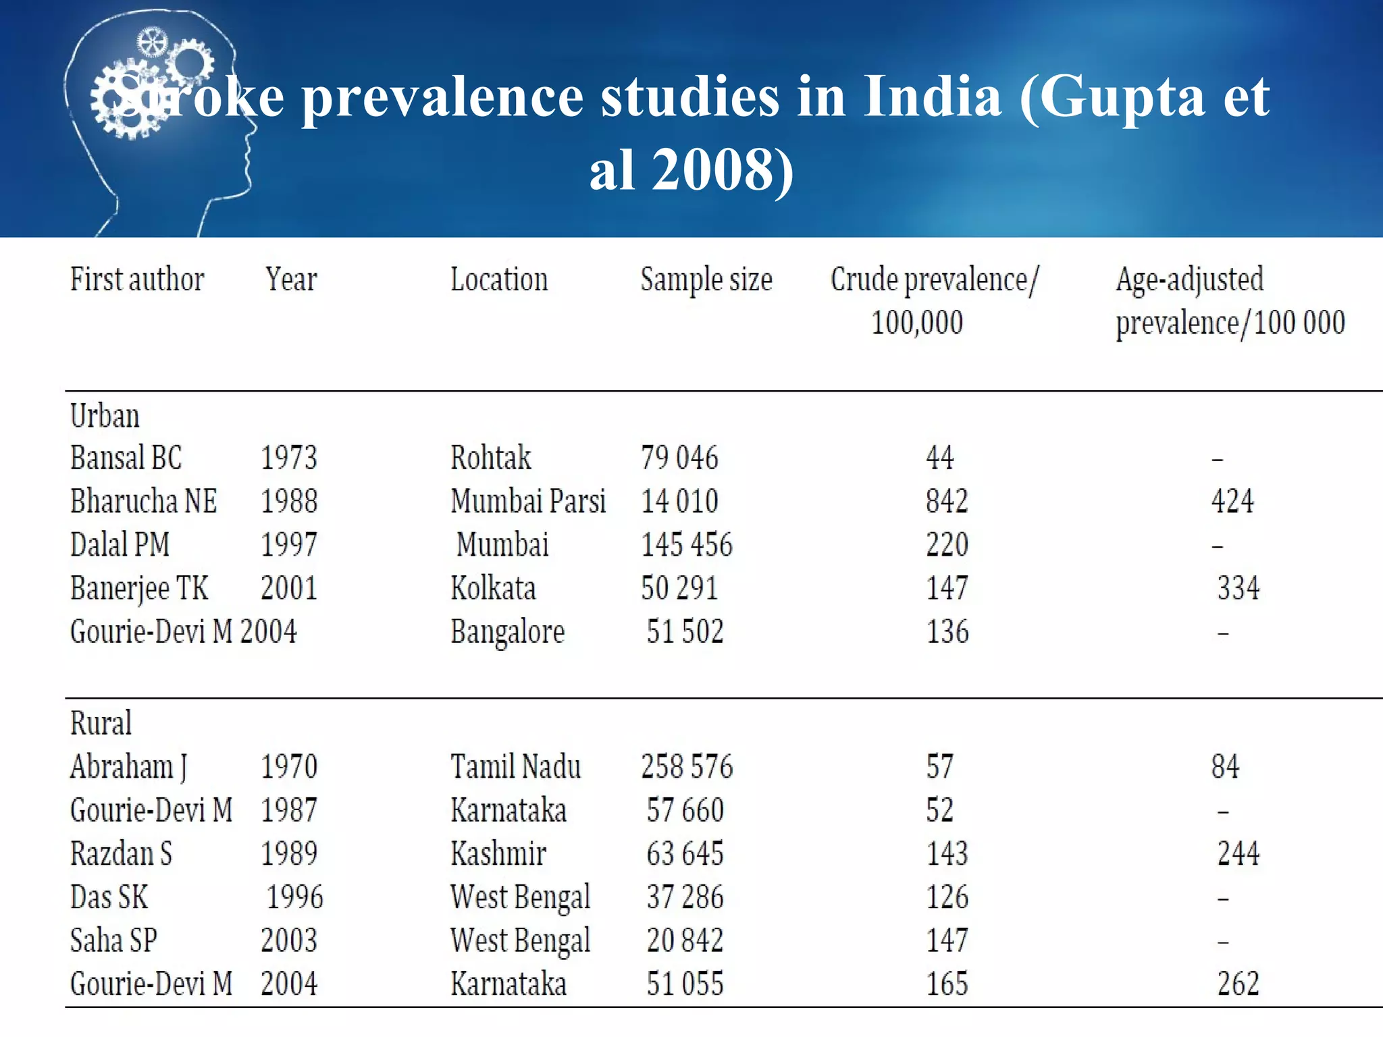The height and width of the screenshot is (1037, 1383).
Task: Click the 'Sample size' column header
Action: (706, 280)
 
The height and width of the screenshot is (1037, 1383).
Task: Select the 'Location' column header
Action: (499, 280)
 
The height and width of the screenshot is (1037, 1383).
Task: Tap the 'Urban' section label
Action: (105, 416)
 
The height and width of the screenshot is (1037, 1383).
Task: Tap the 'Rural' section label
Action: (101, 723)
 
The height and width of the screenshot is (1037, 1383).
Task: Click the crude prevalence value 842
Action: (947, 502)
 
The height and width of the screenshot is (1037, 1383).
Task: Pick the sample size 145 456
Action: (686, 545)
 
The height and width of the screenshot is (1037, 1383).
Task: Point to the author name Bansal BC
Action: (126, 458)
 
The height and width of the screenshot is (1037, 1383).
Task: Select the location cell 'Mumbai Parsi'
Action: (528, 502)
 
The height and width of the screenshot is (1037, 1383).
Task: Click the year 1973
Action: (289, 458)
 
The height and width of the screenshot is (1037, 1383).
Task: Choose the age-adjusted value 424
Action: (1232, 502)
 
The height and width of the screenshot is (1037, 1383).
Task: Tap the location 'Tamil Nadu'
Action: (515, 767)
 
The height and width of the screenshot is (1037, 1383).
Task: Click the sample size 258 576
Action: (687, 767)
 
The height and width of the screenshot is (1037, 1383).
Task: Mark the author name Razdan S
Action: (121, 853)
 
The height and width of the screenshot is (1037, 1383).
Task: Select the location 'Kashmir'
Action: (498, 853)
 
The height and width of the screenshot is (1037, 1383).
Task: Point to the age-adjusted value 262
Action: (1238, 984)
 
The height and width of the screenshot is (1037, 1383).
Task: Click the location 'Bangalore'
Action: (507, 632)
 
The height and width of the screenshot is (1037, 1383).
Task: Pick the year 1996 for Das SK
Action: (295, 897)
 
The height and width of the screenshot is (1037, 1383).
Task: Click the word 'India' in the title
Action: (933, 97)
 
